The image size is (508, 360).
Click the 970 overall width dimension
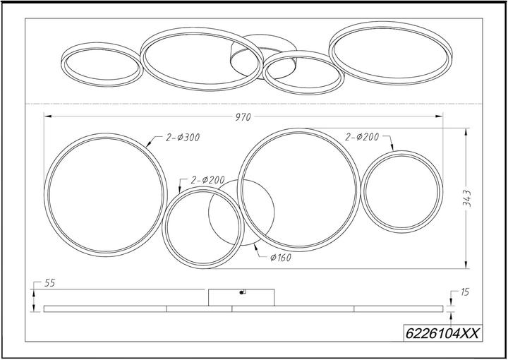[x=243, y=117]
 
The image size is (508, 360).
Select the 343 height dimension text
[x=467, y=198]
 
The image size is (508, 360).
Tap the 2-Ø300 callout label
[x=183, y=138]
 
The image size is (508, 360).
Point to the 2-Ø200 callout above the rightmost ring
[x=361, y=137]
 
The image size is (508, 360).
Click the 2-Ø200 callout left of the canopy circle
[x=207, y=180]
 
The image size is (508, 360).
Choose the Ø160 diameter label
[x=281, y=258]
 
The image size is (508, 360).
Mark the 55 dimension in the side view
[x=49, y=283]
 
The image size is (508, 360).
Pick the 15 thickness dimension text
[x=464, y=292]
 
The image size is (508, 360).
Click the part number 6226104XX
[x=442, y=333]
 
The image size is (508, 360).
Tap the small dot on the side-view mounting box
[x=241, y=293]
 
